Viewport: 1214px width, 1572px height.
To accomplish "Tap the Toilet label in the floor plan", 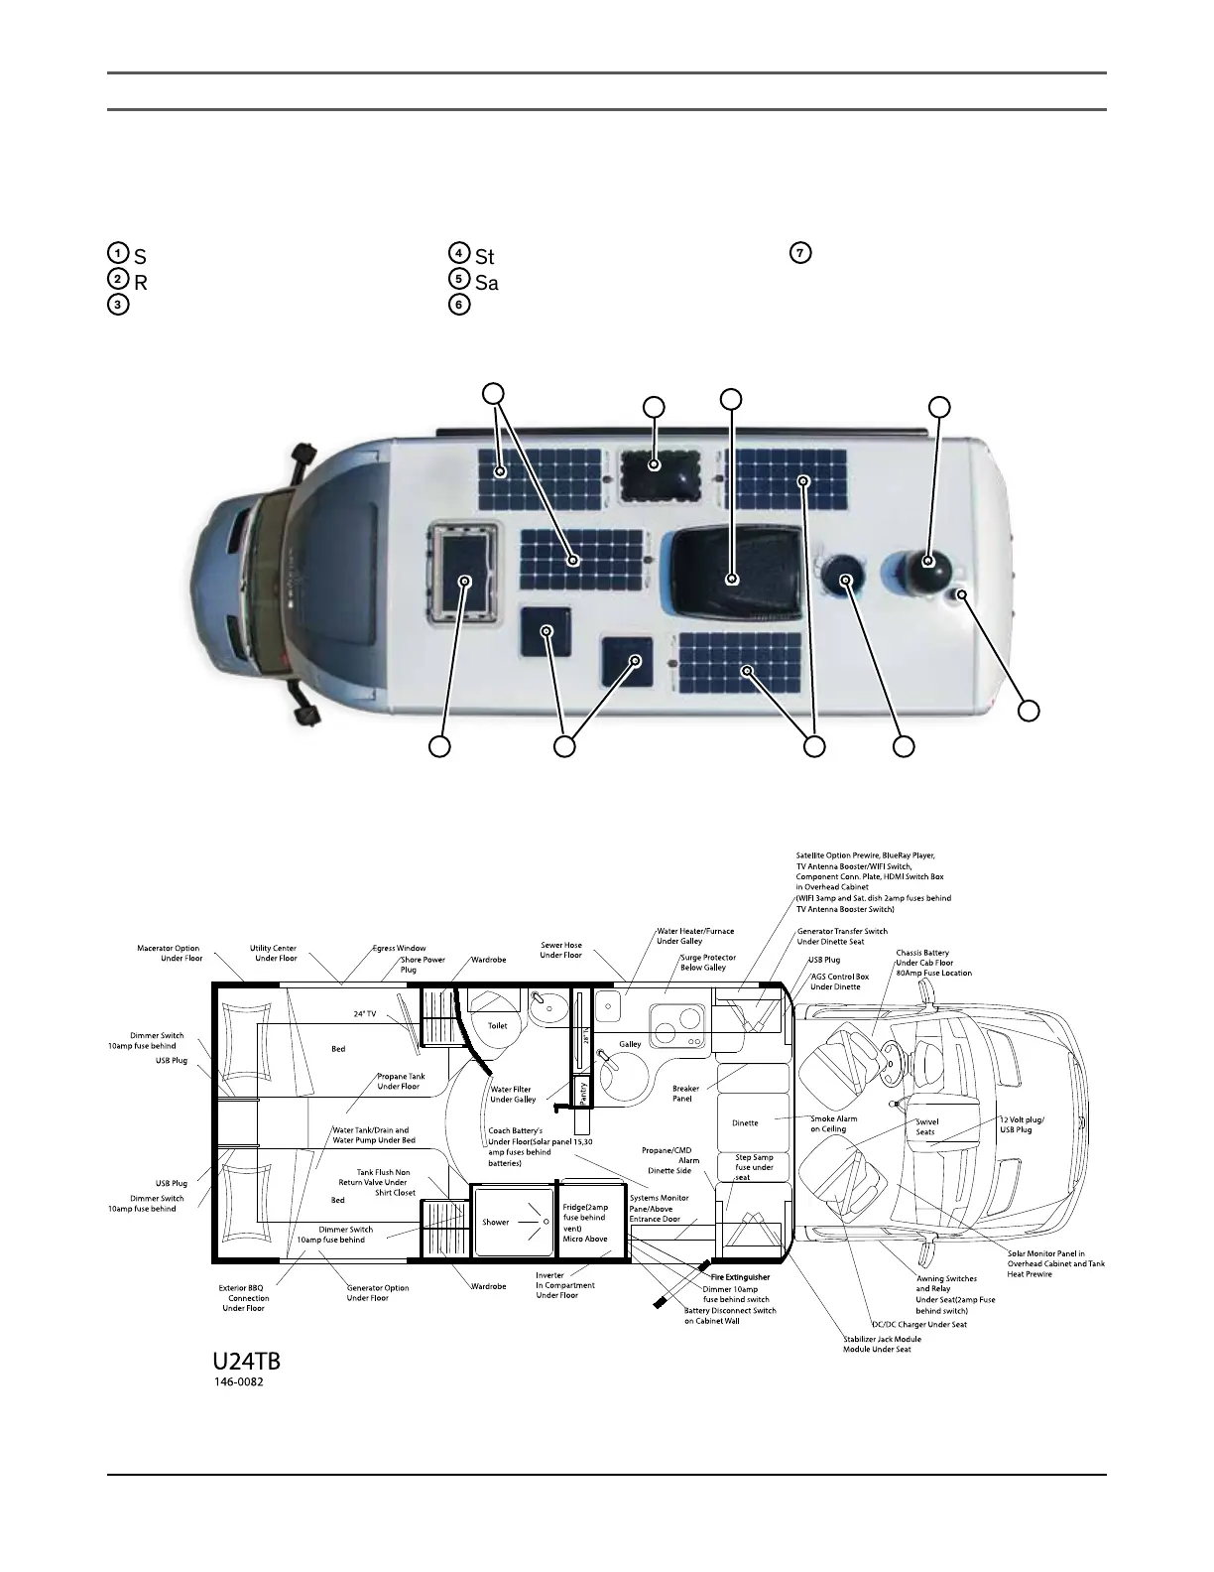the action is tap(497, 1026).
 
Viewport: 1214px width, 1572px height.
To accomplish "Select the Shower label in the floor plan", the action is tap(496, 1222).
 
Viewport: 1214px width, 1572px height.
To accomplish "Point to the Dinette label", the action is tap(745, 1123).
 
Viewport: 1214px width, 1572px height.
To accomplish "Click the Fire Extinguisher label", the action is tap(740, 1277).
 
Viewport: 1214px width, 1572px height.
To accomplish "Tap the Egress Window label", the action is tap(399, 949).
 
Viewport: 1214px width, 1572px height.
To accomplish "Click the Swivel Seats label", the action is tap(925, 1126).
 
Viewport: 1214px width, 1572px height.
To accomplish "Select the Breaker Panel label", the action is tap(685, 1094).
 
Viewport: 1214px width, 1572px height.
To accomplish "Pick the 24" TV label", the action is tap(365, 1014).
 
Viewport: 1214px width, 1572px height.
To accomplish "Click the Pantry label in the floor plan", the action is tap(583, 1091).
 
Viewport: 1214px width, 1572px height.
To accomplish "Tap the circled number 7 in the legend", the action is tap(797, 252).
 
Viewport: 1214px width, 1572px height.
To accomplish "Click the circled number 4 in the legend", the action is tap(458, 252).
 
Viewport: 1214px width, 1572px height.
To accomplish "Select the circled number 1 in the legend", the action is tap(117, 252).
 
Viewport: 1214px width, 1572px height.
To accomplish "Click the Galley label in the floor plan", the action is tap(630, 1044).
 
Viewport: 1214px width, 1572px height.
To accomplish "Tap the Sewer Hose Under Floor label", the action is tap(561, 950).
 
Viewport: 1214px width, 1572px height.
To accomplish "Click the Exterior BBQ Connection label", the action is tap(244, 1298).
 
